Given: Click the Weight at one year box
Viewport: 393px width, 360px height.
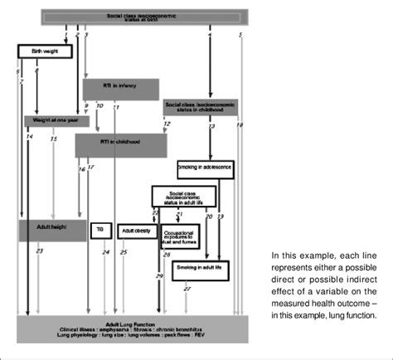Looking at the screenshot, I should point(55,119).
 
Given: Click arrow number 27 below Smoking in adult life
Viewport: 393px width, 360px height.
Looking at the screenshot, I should point(187,288).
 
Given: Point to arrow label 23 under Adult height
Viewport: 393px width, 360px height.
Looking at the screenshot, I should point(39,251).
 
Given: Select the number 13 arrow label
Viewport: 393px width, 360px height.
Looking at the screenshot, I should point(211,126).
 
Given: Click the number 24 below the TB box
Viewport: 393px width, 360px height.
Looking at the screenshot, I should point(105,251).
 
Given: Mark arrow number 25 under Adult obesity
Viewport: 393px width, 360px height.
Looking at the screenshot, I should point(124,251).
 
